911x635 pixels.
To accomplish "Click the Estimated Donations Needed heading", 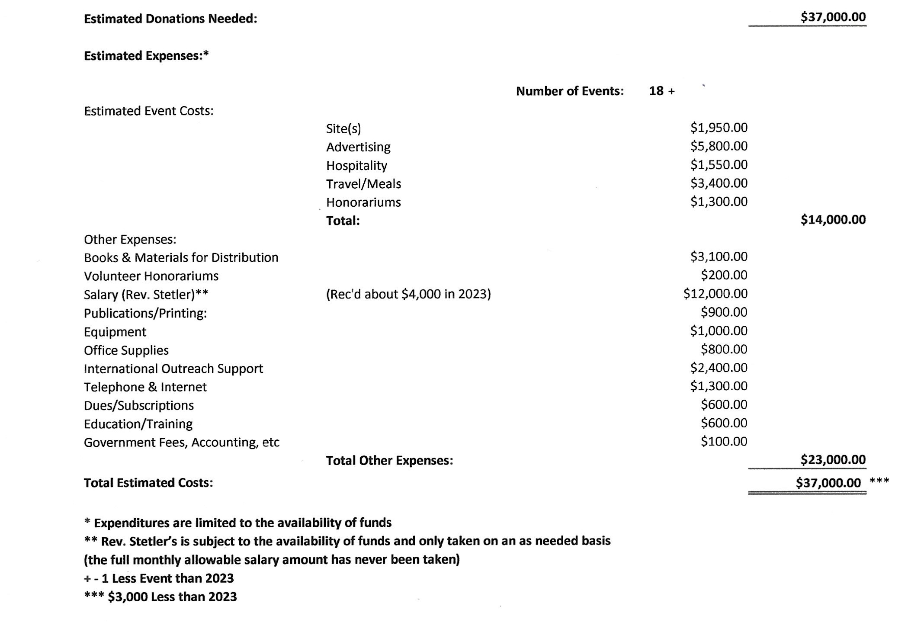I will [170, 19].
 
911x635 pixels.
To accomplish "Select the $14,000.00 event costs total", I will [833, 220].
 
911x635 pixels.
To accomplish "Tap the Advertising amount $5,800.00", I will [719, 146].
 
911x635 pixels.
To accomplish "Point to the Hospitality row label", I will [356, 166].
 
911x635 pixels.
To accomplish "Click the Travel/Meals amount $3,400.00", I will [719, 183].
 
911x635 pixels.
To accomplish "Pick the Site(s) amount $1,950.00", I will [719, 128].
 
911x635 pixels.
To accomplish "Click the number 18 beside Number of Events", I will [656, 91].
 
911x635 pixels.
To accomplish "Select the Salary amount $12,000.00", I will [715, 294].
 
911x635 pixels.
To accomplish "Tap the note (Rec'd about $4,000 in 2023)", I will [408, 294].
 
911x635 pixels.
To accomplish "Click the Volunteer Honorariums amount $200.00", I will [724, 275].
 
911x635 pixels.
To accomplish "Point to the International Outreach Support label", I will [173, 369].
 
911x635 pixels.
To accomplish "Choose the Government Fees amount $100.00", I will [724, 442].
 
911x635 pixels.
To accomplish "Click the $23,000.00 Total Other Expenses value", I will [833, 460].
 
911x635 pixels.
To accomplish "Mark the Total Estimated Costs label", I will [148, 483].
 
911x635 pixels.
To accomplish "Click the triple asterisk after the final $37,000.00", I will [879, 481].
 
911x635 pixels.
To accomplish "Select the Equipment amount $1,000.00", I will [719, 331].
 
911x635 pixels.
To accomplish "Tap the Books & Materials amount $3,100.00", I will [719, 257].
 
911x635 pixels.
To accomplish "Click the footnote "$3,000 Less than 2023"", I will [172, 597].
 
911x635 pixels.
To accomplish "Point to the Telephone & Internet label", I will [145, 387].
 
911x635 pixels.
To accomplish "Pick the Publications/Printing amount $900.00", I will [724, 312].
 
